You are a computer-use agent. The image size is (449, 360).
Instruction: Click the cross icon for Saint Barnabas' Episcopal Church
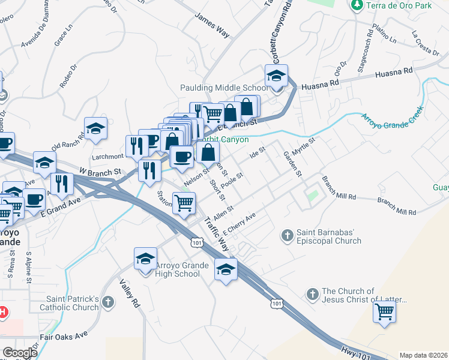288,235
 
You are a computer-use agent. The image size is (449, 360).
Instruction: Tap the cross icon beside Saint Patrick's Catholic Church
108,302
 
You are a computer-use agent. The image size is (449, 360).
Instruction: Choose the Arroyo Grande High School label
178,269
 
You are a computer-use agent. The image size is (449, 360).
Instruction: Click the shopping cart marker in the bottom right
384,311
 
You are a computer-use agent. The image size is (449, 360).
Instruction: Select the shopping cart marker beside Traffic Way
184,203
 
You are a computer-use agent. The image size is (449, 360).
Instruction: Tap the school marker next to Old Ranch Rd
95,128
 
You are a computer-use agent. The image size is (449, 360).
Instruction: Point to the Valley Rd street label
131,293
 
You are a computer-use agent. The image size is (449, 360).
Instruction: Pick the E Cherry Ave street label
240,224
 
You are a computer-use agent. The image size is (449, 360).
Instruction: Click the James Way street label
212,28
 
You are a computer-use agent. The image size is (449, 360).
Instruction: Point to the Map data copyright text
423,355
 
